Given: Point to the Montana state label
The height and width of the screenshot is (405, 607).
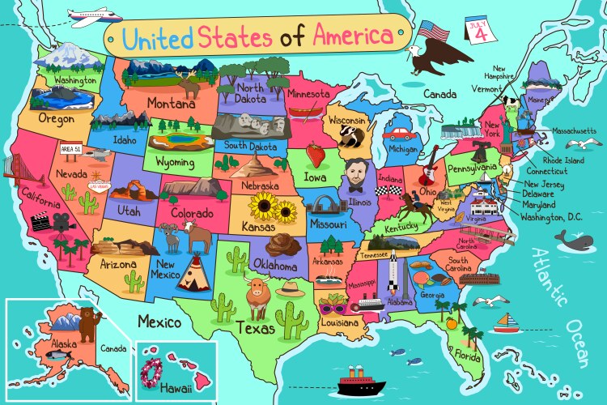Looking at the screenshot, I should tap(170, 104).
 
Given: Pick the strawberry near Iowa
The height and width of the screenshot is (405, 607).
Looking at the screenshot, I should tap(315, 153).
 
